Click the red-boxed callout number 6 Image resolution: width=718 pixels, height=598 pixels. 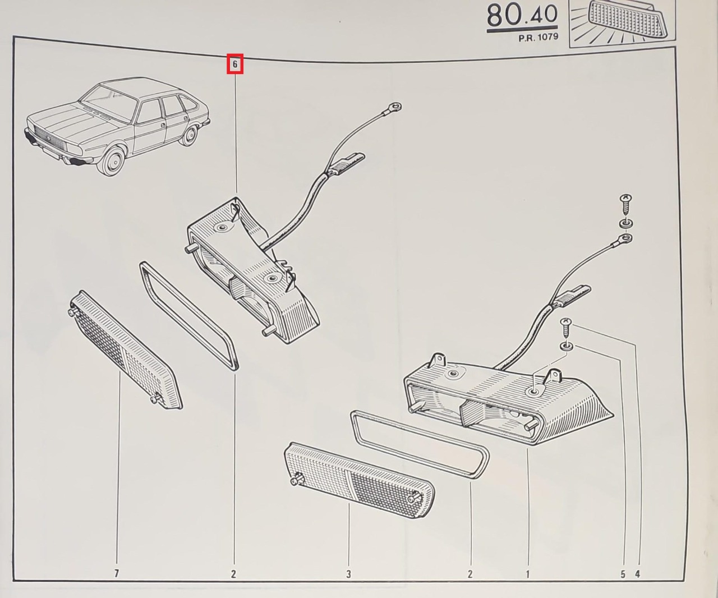pos(235,64)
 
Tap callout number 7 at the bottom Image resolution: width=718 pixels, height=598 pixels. pos(117,573)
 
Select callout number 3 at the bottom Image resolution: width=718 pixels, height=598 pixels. pos(348,573)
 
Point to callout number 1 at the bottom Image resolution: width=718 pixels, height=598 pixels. pos(527,573)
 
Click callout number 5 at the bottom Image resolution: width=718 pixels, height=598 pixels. pos(623,574)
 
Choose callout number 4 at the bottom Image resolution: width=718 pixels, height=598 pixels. pos(638,574)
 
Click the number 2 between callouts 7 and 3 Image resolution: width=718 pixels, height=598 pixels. pos(233,573)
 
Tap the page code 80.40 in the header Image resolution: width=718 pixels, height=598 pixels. pos(522,16)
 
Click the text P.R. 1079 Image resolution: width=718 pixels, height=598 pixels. pos(538,37)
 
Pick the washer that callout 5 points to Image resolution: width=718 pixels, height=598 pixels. pos(567,346)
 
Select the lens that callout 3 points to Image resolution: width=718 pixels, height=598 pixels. pos(360,480)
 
